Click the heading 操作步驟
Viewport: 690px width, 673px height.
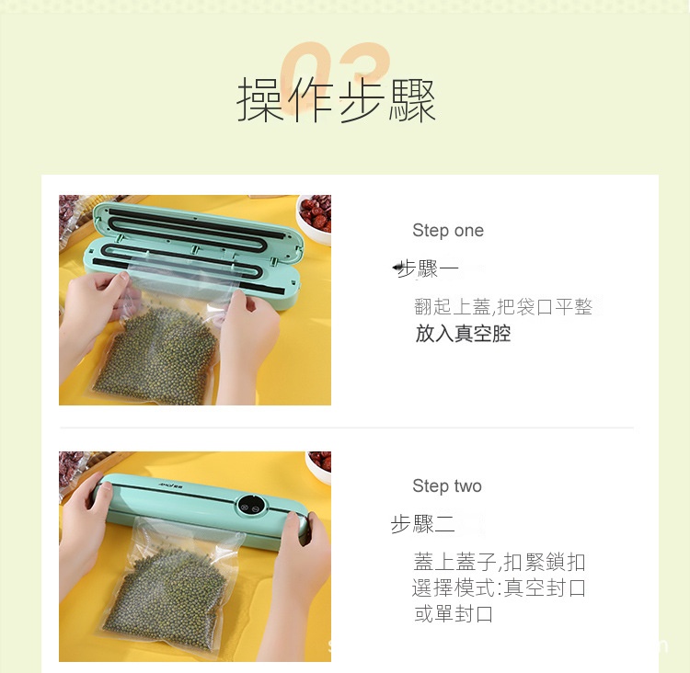(337, 100)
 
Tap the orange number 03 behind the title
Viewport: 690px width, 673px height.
(336, 73)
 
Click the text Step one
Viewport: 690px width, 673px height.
(448, 231)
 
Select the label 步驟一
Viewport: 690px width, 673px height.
(426, 268)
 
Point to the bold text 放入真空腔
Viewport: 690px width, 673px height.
(463, 334)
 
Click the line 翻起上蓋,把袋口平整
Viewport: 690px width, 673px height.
(503, 306)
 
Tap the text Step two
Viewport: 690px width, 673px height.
(447, 486)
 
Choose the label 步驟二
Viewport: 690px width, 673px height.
(422, 524)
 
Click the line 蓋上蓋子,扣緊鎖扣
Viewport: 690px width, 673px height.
(500, 562)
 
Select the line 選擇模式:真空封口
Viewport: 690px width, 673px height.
(499, 587)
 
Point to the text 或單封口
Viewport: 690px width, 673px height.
(454, 613)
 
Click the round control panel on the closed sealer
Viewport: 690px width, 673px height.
(249, 506)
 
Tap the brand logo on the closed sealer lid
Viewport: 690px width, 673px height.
(173, 485)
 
